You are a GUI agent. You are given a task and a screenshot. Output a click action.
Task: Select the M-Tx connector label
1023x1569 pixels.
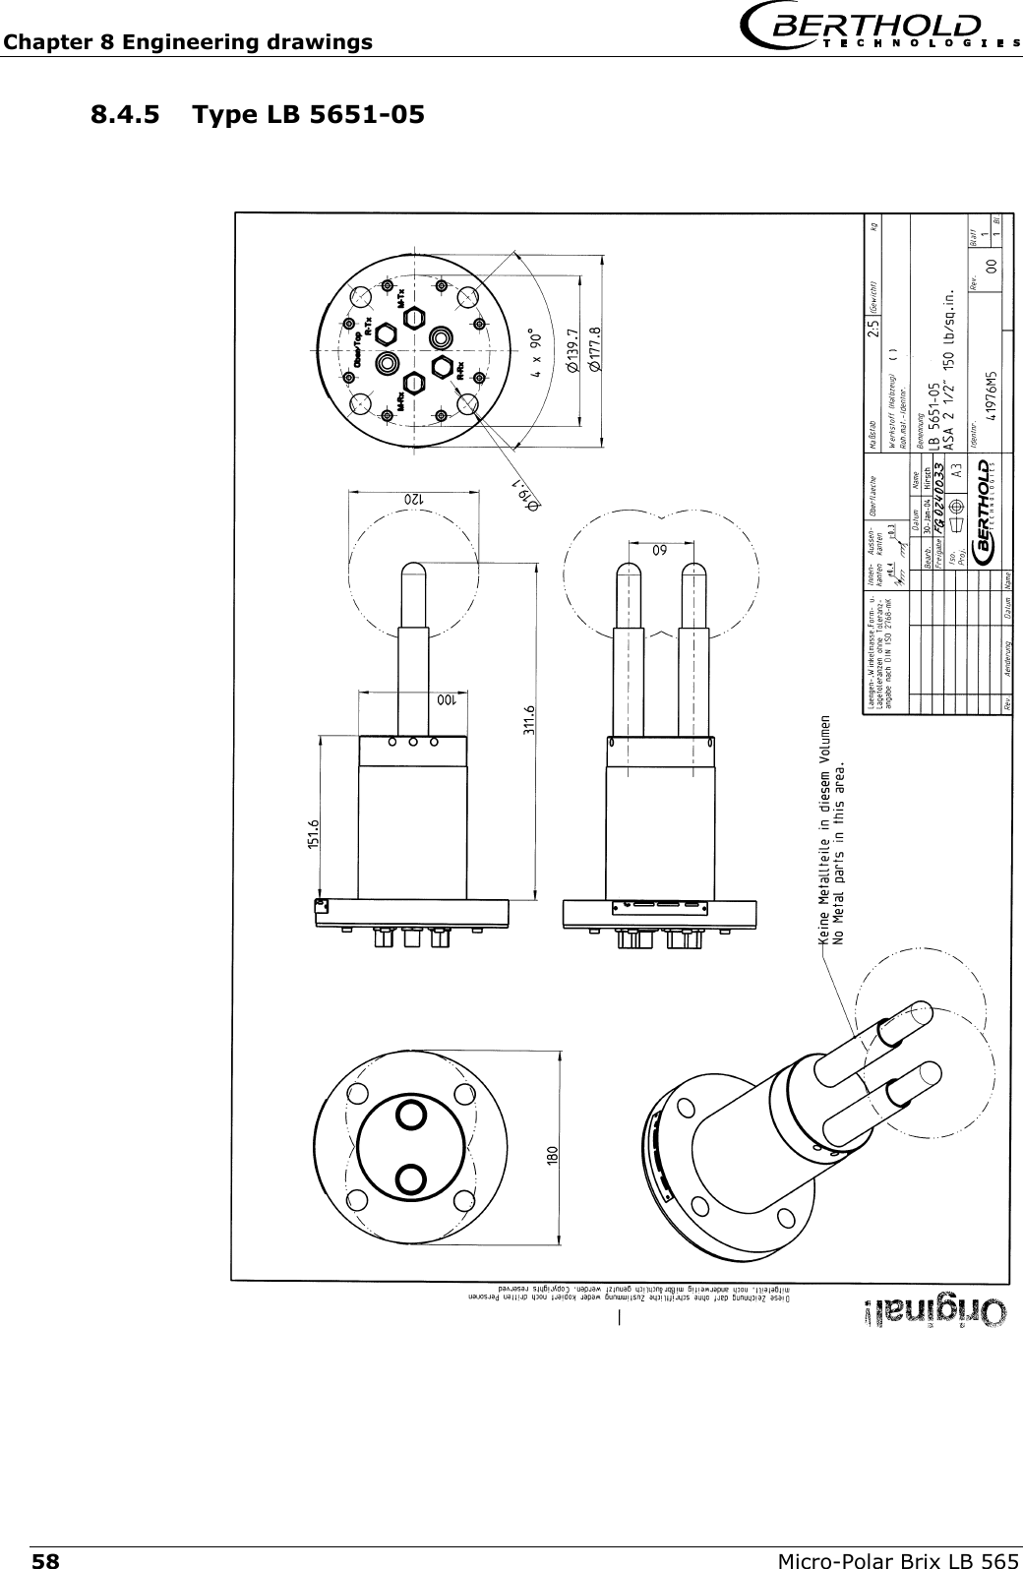pos(402,298)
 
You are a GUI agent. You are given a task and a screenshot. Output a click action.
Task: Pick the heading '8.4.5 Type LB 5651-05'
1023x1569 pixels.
pos(258,114)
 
